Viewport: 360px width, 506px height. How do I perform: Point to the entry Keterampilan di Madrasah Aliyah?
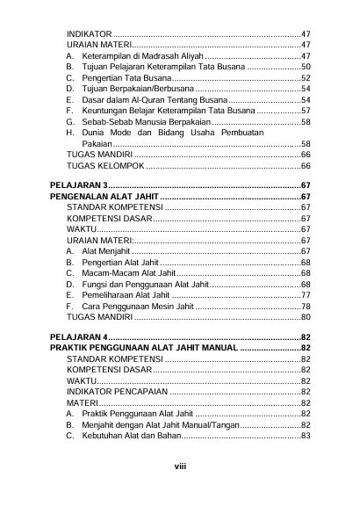coord(141,54)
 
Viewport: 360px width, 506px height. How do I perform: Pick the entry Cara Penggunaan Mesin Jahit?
coord(136,306)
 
